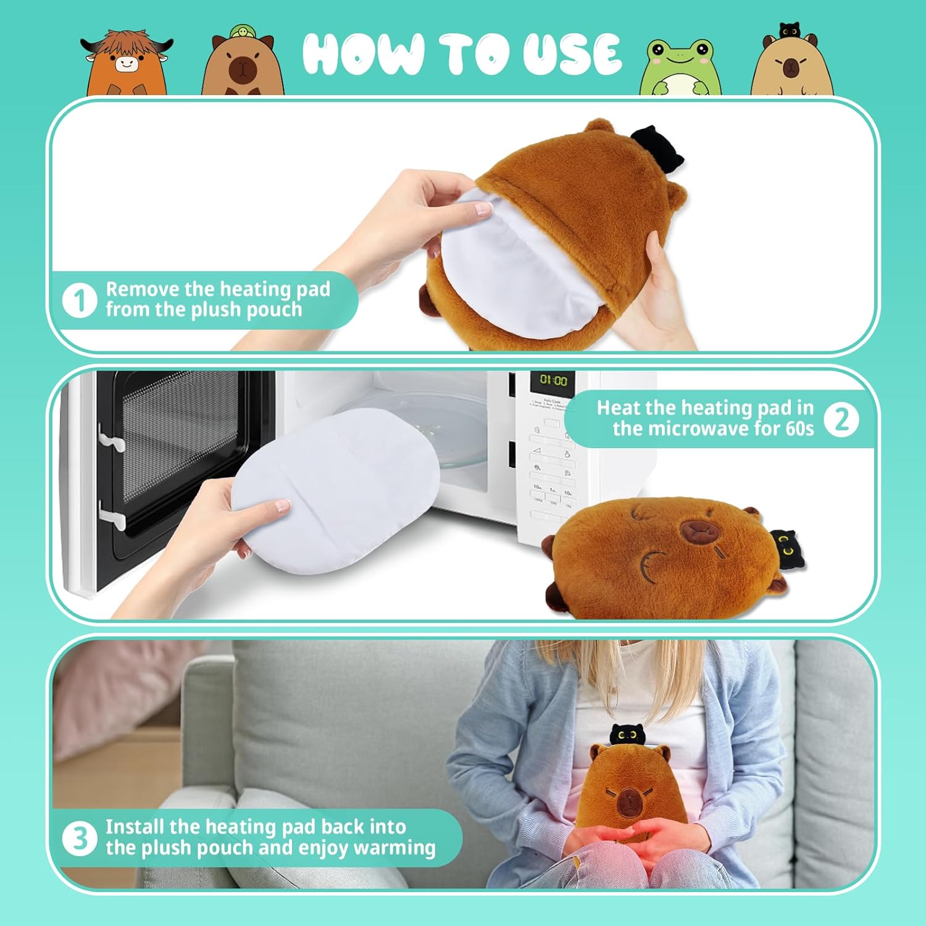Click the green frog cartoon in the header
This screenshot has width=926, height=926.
pos(680,67)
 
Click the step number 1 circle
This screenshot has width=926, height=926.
pos(80,301)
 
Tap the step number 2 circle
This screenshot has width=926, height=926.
pos(841,419)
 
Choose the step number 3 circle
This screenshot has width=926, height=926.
pos(80,838)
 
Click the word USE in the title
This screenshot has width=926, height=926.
pos(572,54)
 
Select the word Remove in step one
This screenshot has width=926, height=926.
pos(143,289)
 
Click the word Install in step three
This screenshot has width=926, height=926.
pos(134,827)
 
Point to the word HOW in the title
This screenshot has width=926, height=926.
pos(364,54)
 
